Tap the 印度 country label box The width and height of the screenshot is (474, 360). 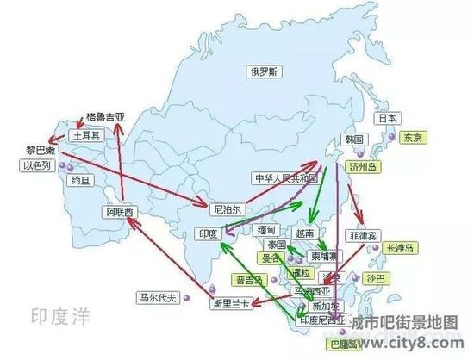pos(209,233)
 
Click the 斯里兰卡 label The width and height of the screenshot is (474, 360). pos(233,304)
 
